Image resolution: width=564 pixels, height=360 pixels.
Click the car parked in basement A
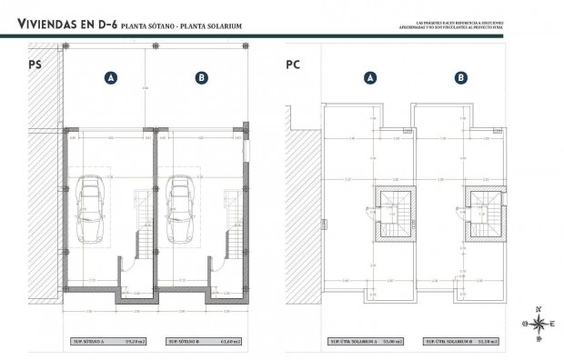[x=91, y=209]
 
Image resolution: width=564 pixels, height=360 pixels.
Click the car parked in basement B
[x=180, y=209]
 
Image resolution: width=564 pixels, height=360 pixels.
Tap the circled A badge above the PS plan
[x=110, y=78]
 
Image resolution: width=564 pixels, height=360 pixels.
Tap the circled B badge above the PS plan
[x=201, y=78]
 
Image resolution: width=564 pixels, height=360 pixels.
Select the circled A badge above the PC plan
[x=370, y=78]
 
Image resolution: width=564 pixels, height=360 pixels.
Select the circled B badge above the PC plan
[x=462, y=78]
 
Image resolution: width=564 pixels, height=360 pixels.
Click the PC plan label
[x=293, y=65]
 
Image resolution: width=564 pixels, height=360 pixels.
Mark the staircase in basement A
[x=141, y=224]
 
